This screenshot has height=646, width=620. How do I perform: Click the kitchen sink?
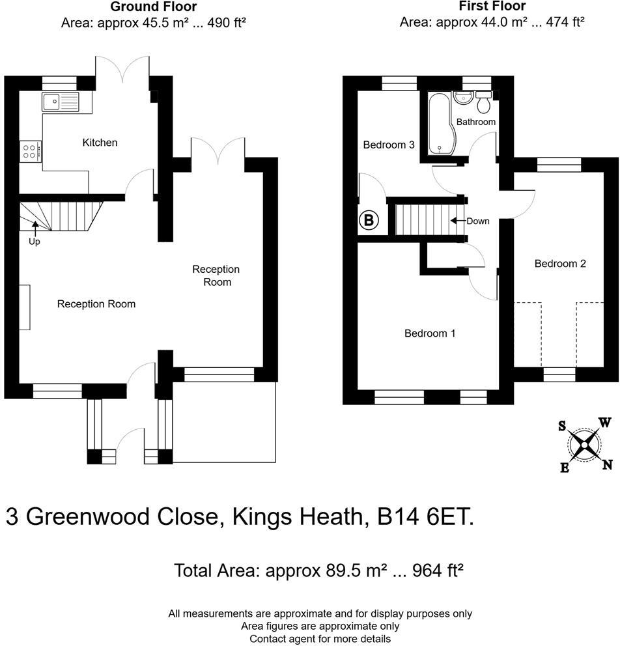coord(60,101)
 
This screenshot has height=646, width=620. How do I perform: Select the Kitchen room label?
coord(100,142)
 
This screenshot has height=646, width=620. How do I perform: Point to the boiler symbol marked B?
coord(369,221)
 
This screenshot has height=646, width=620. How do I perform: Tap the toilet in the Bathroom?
coord(484,103)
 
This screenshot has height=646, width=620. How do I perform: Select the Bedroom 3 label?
coord(389,145)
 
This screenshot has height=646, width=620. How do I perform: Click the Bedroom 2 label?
coord(560,263)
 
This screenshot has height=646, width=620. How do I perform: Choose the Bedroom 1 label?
coord(429,333)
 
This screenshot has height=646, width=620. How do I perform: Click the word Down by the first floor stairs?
coord(477,221)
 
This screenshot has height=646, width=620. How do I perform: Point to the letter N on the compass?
coord(607,464)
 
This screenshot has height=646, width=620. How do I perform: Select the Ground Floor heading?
coord(153,7)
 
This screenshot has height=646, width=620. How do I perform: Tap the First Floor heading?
coord(492,7)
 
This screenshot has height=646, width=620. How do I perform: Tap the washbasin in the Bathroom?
coord(463,98)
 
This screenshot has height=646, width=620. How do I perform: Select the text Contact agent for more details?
coord(320,639)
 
